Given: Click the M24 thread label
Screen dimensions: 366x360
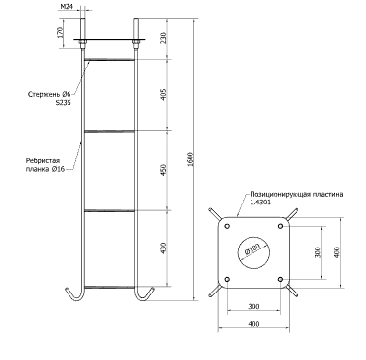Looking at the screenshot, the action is tap(67, 6).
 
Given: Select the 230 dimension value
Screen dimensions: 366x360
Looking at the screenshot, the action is tap(164, 37).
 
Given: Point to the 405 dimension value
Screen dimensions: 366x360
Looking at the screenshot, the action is tap(164, 95).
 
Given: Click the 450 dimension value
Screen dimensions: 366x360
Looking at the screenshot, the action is tap(164, 170).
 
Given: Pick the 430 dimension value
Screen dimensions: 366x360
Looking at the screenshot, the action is tap(164, 247).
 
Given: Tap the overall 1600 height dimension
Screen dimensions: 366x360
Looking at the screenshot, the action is tap(191, 159).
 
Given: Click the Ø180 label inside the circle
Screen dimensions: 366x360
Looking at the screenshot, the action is tap(252, 250).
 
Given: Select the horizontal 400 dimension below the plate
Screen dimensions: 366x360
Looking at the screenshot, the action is tap(253, 324).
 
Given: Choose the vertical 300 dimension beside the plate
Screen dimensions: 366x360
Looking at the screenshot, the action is tap(318, 252).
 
